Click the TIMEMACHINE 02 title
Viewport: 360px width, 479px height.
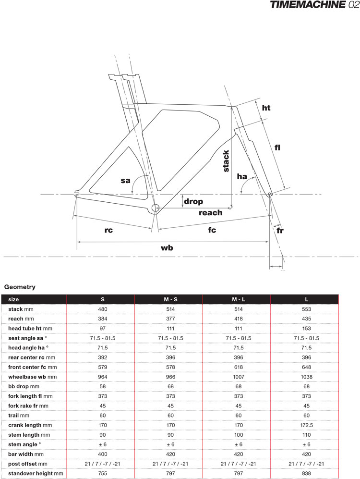point(314,6)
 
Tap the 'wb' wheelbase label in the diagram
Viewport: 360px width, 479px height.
point(167,248)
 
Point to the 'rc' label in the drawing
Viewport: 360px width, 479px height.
point(108,230)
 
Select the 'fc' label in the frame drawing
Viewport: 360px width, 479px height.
point(212,230)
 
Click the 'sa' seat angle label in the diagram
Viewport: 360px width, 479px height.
point(125,181)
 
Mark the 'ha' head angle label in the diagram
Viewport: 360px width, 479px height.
point(242,177)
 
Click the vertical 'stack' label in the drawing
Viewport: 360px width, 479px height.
point(227,161)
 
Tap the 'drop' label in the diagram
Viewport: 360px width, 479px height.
point(193,202)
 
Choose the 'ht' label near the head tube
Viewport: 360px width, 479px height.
point(266,108)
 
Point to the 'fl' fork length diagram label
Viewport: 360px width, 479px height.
point(277,148)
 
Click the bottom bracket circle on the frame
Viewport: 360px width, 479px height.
point(155,208)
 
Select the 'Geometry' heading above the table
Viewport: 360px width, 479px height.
point(20,287)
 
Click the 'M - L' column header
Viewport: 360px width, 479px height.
point(237,299)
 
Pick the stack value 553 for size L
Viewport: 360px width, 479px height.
point(306,309)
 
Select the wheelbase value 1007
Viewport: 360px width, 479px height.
point(237,377)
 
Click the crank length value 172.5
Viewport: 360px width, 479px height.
point(306,425)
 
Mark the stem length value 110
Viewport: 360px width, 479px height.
point(306,434)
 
